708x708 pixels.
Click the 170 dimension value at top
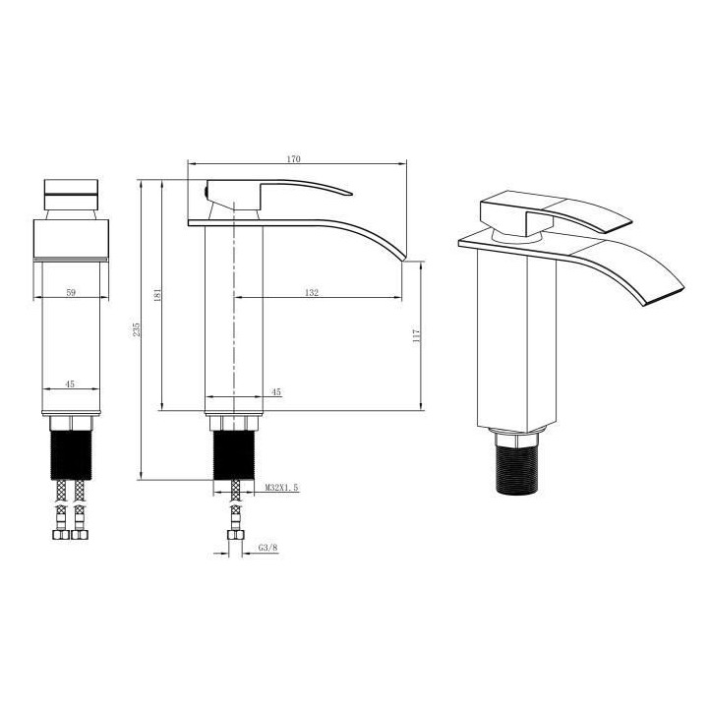293,157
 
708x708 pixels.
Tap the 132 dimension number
313,292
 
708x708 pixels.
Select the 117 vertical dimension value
418,335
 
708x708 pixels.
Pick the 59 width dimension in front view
70,292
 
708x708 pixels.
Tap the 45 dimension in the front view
70,384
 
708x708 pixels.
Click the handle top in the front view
72,186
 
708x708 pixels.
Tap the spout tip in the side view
401,258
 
